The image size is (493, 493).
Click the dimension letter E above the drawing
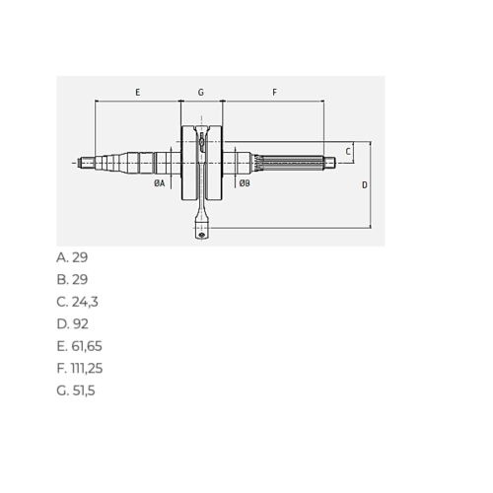(138, 92)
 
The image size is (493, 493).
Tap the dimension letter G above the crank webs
(201, 92)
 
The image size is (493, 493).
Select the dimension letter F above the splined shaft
(274, 92)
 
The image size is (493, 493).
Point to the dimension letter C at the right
(348, 152)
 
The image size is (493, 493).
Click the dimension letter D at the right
(365, 185)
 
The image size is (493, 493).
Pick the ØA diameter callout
(160, 183)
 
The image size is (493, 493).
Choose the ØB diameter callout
(245, 183)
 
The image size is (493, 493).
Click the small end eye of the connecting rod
(201, 235)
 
